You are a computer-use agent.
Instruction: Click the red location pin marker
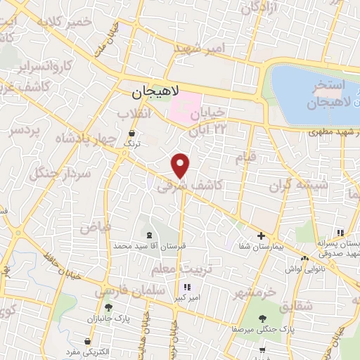tap(181, 166)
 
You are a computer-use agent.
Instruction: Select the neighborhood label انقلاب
tap(131, 114)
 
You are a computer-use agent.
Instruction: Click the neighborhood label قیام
tap(245, 157)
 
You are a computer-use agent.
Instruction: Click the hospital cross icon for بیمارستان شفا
tap(260, 236)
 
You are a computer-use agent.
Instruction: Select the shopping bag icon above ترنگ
tap(131, 132)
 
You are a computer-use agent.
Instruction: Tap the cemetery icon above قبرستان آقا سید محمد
tap(148, 236)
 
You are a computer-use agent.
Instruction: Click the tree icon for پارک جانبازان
tap(108, 307)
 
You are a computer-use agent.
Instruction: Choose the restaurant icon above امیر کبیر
tap(186, 287)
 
